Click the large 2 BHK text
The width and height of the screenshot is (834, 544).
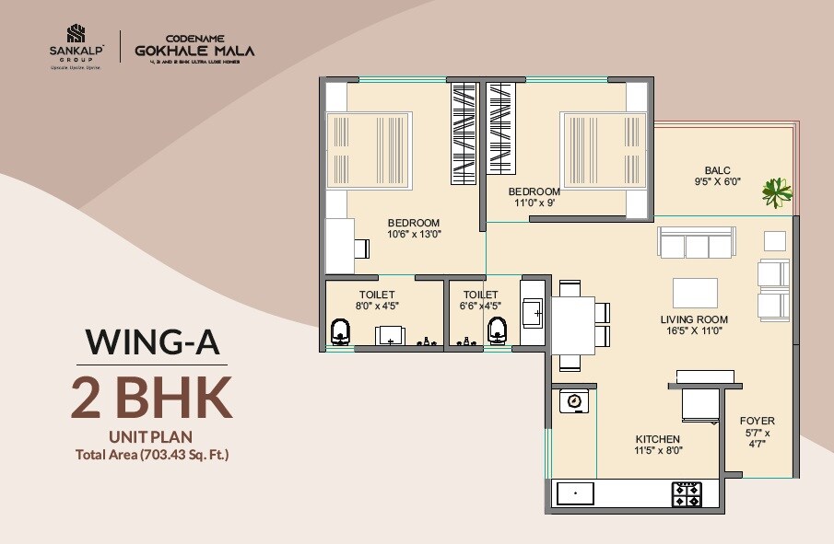pos(152,397)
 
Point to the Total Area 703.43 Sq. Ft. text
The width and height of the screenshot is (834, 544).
pos(152,453)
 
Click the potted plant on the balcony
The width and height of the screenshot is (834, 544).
pos(777,192)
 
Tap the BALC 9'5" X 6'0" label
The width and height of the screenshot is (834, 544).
pos(717,176)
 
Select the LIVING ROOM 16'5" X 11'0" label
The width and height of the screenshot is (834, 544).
pos(694,324)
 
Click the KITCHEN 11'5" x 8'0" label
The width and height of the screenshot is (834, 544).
pos(657,445)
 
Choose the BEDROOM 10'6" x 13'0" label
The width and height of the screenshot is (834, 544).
pos(414,227)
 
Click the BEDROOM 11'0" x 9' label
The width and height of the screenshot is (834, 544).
pos(534,197)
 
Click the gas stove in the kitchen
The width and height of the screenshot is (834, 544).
pos(687,493)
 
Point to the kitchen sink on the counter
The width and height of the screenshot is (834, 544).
pos(575,493)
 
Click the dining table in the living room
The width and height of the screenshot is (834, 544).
pos(573,324)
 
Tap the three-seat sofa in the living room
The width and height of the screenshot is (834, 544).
pos(696,244)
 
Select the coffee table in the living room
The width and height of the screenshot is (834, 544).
pos(695,293)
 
